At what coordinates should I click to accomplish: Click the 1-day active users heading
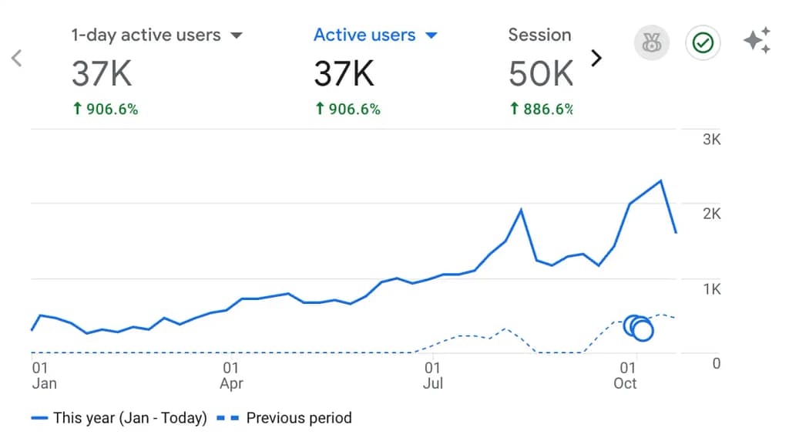(x=146, y=35)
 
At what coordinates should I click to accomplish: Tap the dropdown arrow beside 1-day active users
(x=237, y=35)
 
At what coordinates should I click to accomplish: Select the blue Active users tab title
(x=364, y=35)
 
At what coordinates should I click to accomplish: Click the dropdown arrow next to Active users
(x=431, y=35)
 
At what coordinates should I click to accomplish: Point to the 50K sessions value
(x=541, y=74)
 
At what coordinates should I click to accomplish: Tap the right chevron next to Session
(x=596, y=59)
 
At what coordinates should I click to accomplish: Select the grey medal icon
(x=651, y=43)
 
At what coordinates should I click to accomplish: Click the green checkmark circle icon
(x=703, y=43)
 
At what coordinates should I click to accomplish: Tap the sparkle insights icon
(x=757, y=41)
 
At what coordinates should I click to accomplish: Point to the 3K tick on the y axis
(x=711, y=140)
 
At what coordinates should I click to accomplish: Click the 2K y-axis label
(x=711, y=214)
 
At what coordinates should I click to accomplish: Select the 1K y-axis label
(x=711, y=289)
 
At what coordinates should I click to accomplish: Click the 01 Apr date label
(x=231, y=376)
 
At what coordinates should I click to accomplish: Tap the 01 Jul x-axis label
(x=433, y=376)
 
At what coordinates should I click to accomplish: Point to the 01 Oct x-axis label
(x=626, y=376)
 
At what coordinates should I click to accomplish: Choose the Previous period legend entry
(x=298, y=419)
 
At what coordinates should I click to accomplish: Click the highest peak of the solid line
(x=661, y=180)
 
